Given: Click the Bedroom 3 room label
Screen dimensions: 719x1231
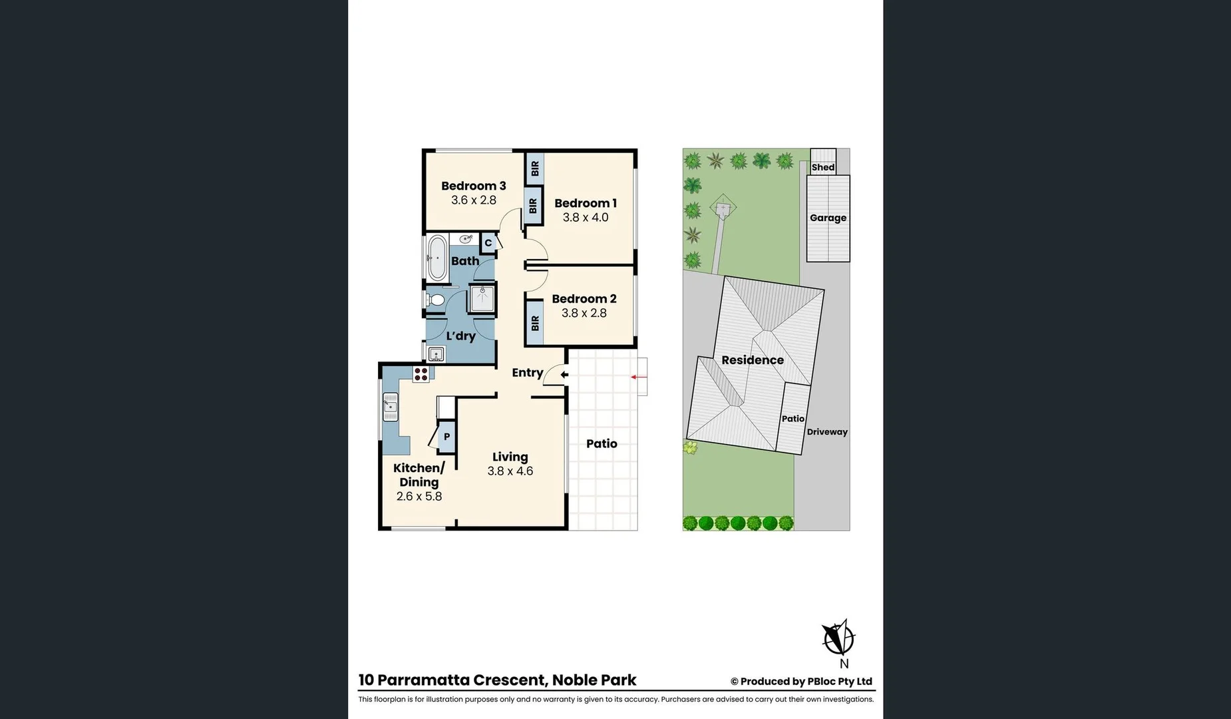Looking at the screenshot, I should click(473, 186).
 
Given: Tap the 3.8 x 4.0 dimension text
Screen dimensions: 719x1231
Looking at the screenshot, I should click(585, 218).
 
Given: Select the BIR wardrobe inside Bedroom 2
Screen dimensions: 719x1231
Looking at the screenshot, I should click(534, 323).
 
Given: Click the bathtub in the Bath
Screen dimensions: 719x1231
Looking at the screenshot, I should click(437, 258).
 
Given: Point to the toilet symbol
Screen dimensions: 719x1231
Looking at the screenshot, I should click(435, 300).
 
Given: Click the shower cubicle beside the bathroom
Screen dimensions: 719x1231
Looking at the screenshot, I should click(482, 298).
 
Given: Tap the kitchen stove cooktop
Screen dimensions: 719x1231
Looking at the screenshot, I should click(421, 373).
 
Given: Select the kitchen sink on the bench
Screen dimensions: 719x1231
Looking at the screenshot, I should click(390, 406).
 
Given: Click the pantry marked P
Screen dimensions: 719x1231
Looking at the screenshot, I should click(446, 437).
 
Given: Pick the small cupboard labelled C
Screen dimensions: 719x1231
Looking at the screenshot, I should click(488, 242).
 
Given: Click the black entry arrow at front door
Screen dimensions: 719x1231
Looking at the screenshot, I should click(564, 375).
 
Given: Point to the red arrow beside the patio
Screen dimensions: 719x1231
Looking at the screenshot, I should click(638, 377).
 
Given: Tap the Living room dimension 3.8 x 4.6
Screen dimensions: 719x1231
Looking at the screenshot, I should click(510, 471).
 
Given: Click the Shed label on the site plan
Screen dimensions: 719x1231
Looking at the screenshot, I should click(822, 167).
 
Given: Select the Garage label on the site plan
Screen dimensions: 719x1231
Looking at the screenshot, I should click(828, 218).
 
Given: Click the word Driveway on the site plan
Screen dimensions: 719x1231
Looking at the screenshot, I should click(827, 432).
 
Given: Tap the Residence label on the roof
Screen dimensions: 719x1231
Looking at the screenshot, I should click(753, 360).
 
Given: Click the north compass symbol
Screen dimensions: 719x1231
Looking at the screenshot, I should click(838, 638).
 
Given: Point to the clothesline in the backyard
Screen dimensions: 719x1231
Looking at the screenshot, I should click(722, 208).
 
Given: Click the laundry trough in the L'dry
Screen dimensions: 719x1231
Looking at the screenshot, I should click(436, 354).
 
